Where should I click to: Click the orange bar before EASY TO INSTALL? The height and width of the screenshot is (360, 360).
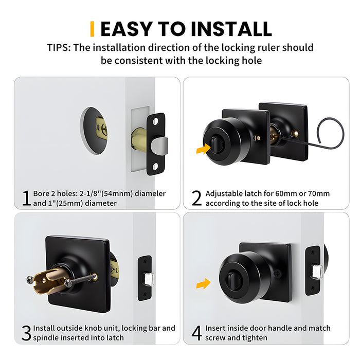(92, 29)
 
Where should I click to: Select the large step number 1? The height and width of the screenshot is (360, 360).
(25, 198)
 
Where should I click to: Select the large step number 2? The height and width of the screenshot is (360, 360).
(196, 198)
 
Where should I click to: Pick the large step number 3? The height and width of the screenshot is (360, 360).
(26, 333)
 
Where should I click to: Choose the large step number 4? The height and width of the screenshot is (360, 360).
(196, 333)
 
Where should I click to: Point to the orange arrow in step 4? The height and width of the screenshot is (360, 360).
(204, 283)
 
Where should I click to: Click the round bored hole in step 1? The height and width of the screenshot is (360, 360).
(94, 131)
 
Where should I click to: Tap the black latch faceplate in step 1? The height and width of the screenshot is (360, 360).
(155, 144)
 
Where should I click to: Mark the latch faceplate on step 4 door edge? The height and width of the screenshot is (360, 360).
(313, 270)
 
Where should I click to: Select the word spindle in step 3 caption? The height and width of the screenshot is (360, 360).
(46, 338)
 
